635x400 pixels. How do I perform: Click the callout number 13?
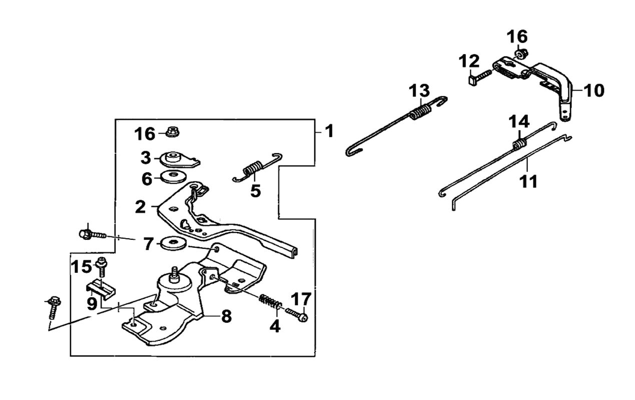(x=419, y=91)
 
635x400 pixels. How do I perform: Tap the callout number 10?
(x=594, y=91)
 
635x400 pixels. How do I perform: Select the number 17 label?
(x=301, y=299)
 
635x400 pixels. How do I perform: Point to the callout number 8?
(x=226, y=316)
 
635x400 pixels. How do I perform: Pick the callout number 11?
(x=528, y=181)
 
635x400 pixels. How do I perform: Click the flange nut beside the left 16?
(x=173, y=133)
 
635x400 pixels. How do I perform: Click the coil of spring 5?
(x=254, y=169)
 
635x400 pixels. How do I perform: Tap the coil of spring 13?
(x=420, y=113)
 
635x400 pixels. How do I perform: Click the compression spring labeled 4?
(x=271, y=302)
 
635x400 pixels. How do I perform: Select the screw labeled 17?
(x=297, y=315)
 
